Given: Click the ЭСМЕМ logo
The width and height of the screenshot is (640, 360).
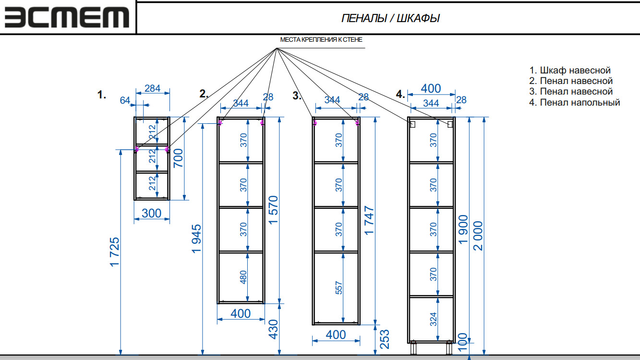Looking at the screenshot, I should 67,17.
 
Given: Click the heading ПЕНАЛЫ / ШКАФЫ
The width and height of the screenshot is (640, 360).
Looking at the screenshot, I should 390,18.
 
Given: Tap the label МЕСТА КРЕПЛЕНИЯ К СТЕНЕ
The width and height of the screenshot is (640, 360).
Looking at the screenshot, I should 321,40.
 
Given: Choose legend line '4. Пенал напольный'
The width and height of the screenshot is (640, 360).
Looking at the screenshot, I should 575,102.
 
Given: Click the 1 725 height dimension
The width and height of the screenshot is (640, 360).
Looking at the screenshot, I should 114,252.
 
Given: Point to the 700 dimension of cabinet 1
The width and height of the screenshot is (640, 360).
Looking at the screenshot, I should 178,157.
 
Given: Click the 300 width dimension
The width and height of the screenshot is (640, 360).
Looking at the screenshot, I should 152,214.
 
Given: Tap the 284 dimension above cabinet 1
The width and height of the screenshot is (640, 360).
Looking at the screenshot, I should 152,89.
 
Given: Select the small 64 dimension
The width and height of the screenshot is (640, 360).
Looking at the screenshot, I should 125,100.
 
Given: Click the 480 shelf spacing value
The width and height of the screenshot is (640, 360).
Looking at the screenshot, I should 243,277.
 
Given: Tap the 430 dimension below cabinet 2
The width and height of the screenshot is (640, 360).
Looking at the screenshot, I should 273,329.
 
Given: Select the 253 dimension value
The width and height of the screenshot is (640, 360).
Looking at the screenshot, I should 384,339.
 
